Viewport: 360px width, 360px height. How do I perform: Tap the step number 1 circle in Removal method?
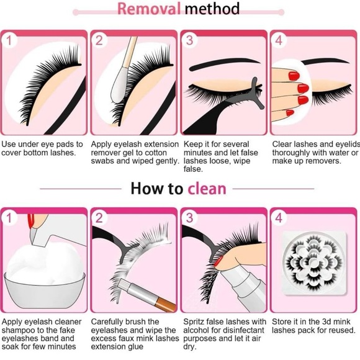click(x=9, y=41)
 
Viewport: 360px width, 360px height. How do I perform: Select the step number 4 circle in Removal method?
click(x=279, y=41)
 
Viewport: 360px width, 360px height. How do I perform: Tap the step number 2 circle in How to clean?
click(x=99, y=218)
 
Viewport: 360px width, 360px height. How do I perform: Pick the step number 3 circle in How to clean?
click(x=189, y=218)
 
